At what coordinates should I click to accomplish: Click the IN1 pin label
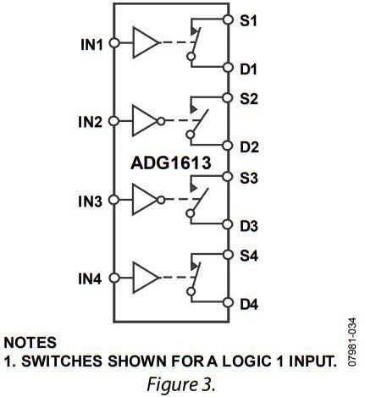(x=91, y=45)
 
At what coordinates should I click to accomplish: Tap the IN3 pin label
(x=90, y=201)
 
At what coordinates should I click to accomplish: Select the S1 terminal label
(x=248, y=20)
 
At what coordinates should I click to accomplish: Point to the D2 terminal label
(x=249, y=147)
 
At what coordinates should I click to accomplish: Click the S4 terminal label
(x=249, y=256)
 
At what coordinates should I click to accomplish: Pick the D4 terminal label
(x=249, y=305)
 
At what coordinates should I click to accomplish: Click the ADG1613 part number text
(x=171, y=163)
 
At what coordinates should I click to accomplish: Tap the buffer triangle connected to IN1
(x=146, y=42)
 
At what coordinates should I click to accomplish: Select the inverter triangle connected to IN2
(x=144, y=121)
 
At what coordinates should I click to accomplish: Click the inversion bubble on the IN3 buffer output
(x=161, y=200)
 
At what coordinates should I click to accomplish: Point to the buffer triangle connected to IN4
(x=146, y=278)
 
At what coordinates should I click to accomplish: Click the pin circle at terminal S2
(x=227, y=97)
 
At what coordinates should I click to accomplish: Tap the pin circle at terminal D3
(x=227, y=224)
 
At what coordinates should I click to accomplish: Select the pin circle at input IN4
(x=114, y=278)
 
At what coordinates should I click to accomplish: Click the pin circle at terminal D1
(x=228, y=68)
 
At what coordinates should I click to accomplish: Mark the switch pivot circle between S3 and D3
(x=191, y=213)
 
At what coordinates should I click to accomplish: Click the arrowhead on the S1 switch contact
(x=195, y=31)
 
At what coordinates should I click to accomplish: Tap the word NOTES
(x=30, y=343)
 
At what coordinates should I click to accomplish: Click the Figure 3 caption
(x=180, y=384)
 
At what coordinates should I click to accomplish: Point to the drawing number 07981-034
(x=351, y=342)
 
